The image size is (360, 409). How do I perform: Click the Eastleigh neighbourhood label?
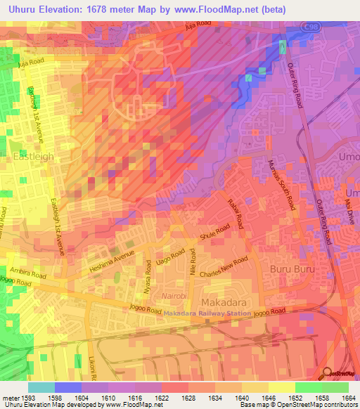pos(33,157)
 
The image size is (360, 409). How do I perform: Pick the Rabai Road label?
pos(235,212)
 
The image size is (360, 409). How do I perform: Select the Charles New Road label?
pos(224,268)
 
